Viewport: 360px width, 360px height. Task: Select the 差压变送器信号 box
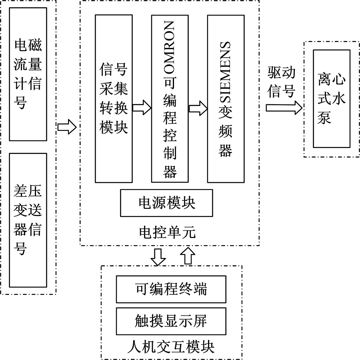[28, 220]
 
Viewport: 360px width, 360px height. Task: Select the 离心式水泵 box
[332, 98]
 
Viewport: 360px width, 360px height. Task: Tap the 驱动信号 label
[282, 82]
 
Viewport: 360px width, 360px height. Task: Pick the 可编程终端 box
[171, 289]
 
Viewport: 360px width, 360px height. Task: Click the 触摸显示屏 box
[171, 321]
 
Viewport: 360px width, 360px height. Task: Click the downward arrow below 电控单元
[159, 256]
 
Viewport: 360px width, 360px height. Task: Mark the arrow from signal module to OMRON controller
[141, 107]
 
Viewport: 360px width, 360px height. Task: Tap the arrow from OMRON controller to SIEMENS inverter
[198, 107]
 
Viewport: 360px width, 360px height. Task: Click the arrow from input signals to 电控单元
[66, 127]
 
